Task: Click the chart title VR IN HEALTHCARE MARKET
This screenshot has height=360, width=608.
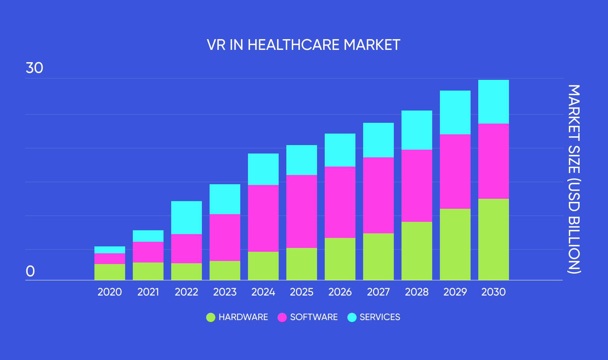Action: tap(303, 45)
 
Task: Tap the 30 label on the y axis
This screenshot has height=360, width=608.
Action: tap(34, 68)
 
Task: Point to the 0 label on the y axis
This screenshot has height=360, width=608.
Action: tap(30, 271)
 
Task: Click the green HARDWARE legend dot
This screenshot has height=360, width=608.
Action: tap(211, 317)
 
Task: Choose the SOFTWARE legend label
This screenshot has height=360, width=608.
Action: tap(314, 317)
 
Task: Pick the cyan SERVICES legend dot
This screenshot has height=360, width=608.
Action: tap(352, 317)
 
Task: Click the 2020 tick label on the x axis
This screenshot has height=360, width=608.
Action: tap(109, 292)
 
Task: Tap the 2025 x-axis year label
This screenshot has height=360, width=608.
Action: tap(301, 292)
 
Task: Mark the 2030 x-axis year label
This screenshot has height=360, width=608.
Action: tap(493, 292)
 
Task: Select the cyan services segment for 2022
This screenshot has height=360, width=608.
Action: tap(187, 218)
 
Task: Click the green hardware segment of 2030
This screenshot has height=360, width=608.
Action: tap(494, 239)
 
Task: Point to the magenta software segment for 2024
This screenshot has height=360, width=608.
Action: tap(263, 218)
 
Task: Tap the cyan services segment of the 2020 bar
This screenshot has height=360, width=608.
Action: tap(110, 250)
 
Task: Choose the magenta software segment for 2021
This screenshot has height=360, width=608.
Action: tap(148, 252)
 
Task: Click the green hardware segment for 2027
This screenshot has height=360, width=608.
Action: tap(378, 256)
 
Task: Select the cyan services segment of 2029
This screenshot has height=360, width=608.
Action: tap(455, 112)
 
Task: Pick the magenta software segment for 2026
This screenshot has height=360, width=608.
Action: tap(340, 202)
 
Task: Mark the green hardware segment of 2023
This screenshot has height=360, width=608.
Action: tap(225, 270)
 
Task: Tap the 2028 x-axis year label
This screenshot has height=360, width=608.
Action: tap(416, 292)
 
